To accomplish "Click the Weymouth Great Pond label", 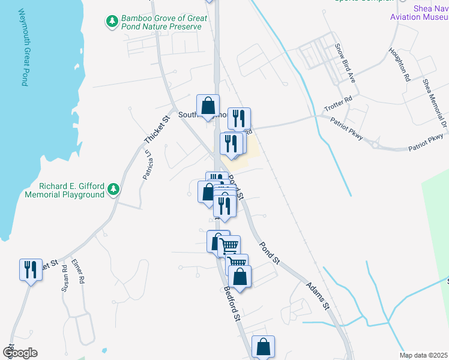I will point(22,47).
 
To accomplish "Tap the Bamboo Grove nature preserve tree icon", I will point(112,22).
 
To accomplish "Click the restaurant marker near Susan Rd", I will point(31,269).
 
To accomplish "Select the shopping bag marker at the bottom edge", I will point(263,346).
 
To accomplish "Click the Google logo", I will point(20,353).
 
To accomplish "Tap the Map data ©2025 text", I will point(423,355).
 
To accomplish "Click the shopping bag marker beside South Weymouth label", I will point(208,106).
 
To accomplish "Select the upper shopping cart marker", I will point(229,246).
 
